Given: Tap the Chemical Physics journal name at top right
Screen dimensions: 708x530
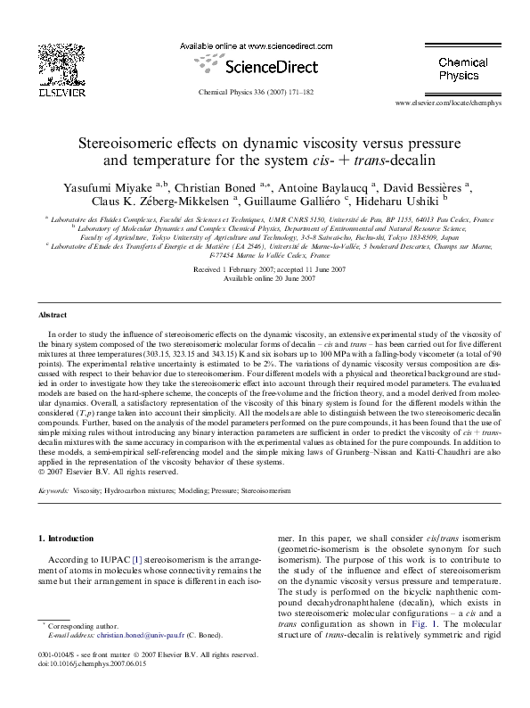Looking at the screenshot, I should tap(461, 70).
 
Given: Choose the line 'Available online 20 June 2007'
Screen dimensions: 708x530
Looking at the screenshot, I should tap(265, 277).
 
